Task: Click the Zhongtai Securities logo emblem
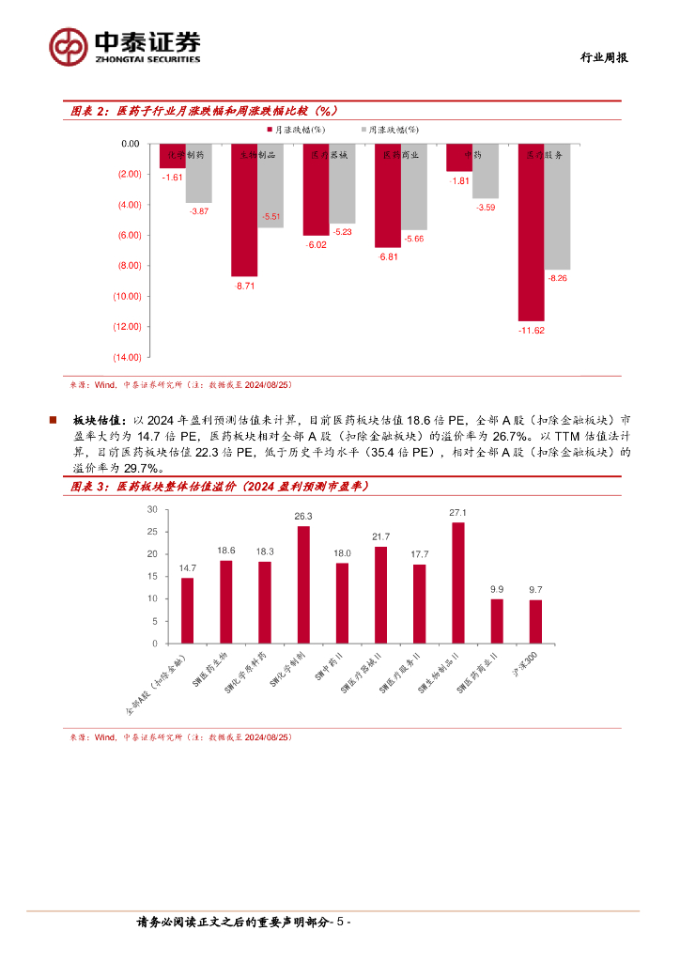point(70,46)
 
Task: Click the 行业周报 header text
point(601,57)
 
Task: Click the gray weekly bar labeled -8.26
point(557,207)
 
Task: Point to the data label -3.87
point(198,211)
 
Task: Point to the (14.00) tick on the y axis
point(127,357)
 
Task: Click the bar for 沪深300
point(535,621)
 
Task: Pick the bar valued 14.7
point(188,611)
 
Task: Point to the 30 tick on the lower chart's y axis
point(152,509)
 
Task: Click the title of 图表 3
point(221,487)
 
